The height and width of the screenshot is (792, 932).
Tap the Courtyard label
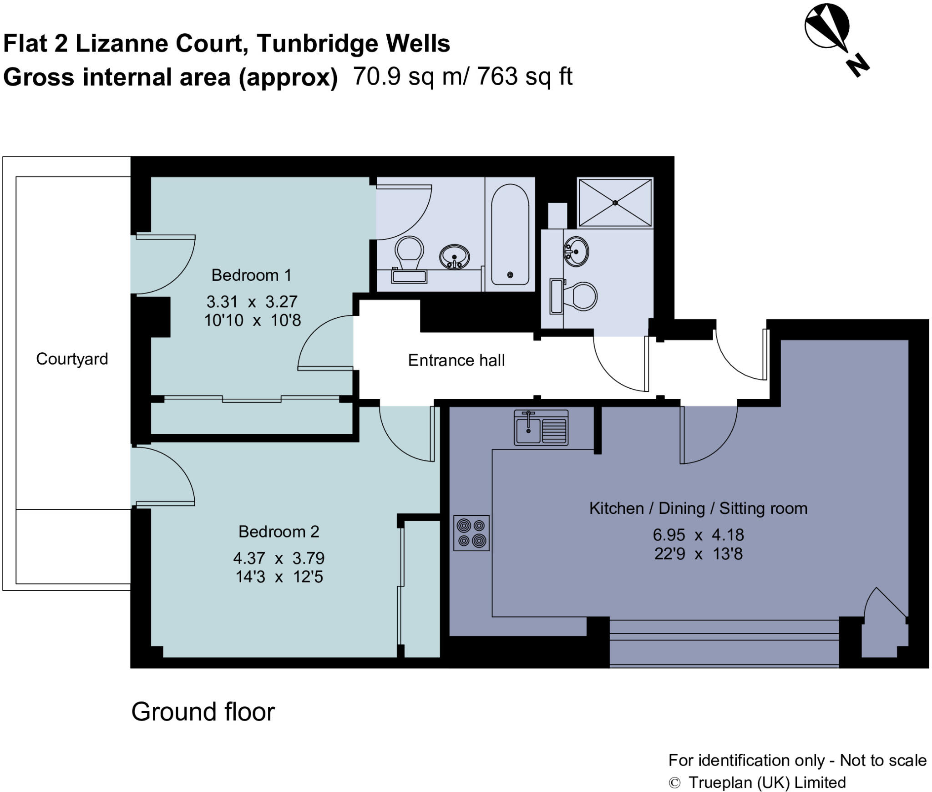(72, 359)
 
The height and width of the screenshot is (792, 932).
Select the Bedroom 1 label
(251, 275)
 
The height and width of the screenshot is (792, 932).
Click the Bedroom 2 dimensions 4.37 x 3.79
(279, 558)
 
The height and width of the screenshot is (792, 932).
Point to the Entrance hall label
(456, 360)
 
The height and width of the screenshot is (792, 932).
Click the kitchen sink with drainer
(541, 427)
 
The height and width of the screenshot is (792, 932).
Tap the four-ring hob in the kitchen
(471, 533)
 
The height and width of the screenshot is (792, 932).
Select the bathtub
(510, 234)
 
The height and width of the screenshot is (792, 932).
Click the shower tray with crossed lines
(615, 203)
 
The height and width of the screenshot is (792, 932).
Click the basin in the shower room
(576, 251)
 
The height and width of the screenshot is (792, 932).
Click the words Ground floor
(203, 712)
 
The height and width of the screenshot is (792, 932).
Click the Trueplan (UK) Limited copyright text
(767, 782)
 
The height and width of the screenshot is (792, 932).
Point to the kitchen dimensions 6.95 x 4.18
(698, 535)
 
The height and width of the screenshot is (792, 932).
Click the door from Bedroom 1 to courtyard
(164, 264)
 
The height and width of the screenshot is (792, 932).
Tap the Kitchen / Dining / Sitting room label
(698, 508)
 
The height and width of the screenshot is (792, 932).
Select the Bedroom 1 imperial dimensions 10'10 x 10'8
(252, 320)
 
